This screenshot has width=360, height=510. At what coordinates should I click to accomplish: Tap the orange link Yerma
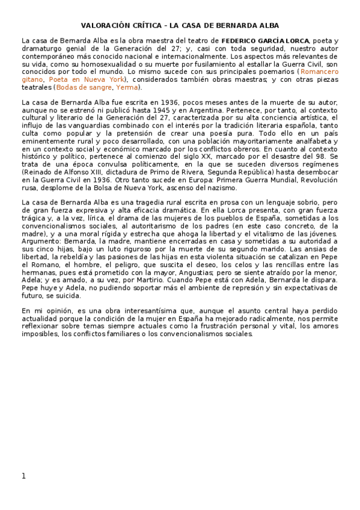point(126,87)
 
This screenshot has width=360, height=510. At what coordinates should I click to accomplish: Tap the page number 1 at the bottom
point(23,476)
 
